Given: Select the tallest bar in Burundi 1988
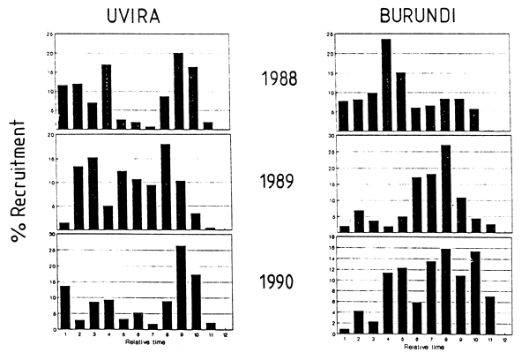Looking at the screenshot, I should (386, 84).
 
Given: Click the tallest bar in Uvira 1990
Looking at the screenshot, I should (181, 287).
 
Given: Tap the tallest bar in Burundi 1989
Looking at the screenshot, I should (445, 188).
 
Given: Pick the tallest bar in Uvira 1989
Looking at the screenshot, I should (165, 186).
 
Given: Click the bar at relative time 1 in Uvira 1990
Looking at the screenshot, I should (63, 307).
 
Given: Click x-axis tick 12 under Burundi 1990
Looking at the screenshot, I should (504, 340).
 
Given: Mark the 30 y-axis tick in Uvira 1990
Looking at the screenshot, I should (51, 235).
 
